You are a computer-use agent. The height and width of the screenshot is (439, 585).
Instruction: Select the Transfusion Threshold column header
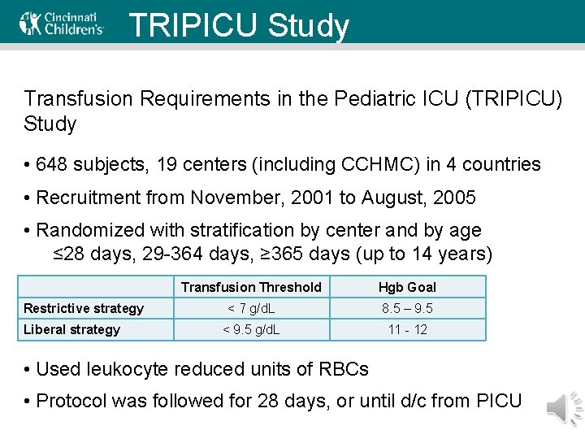pyautogui.click(x=251, y=287)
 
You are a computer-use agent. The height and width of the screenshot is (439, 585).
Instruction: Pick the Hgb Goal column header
pyautogui.click(x=407, y=287)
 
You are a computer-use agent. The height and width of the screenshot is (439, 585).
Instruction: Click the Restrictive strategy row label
pyautogui.click(x=83, y=308)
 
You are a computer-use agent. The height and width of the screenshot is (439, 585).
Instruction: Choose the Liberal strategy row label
pyautogui.click(x=71, y=329)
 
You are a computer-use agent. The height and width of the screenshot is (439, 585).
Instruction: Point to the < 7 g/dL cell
pyautogui.click(x=251, y=308)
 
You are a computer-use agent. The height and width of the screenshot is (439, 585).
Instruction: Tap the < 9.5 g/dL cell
pyautogui.click(x=251, y=329)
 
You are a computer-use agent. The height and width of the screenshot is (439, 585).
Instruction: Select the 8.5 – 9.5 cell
pyautogui.click(x=407, y=308)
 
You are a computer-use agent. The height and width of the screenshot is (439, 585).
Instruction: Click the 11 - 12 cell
pyautogui.click(x=407, y=329)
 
